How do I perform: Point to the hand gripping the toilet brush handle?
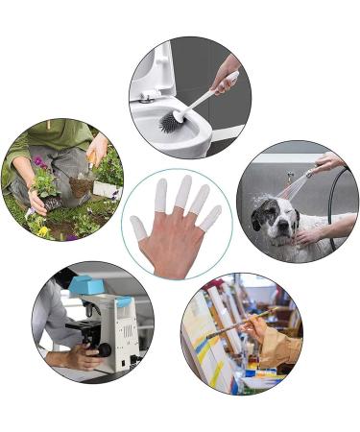(227, 77)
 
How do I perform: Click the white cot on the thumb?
(140, 229)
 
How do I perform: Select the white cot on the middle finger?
(184, 188)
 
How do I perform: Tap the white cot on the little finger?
(211, 217)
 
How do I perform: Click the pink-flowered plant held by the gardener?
(42, 178)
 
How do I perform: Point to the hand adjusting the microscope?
(78, 358)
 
